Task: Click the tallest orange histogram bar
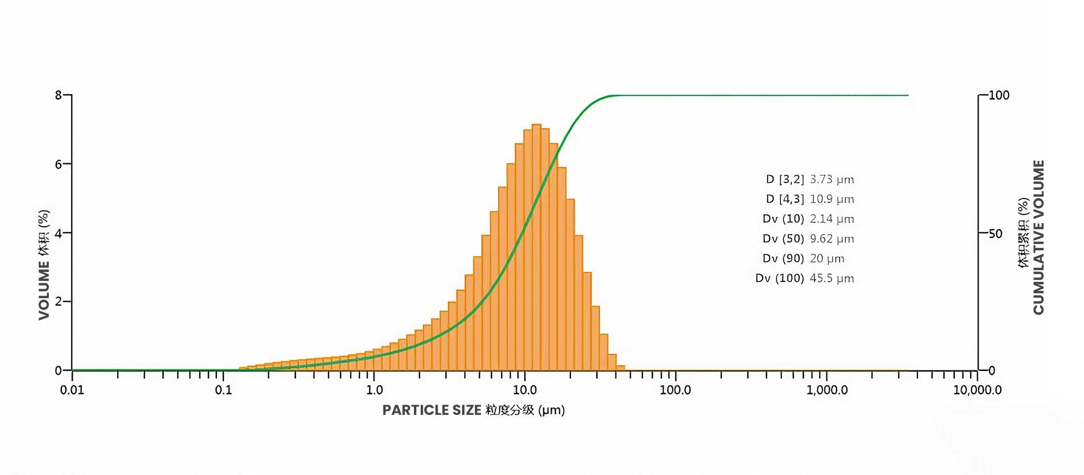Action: pos(537,246)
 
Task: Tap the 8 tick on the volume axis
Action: pos(59,95)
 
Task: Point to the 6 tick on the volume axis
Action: pos(59,164)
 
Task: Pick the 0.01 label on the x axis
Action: pos(72,390)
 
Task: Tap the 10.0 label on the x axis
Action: pos(525,390)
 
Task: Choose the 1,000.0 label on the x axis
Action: pos(827,390)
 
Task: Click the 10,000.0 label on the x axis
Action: pos(977,390)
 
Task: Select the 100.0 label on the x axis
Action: pos(675,390)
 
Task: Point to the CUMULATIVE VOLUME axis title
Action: pos(1038,237)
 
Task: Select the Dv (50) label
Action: pos(783,239)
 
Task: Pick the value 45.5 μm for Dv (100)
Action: pos(832,278)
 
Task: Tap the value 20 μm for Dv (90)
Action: pos(827,259)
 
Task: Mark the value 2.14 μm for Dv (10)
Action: pos(832,219)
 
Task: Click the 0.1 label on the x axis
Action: pos(223,390)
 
